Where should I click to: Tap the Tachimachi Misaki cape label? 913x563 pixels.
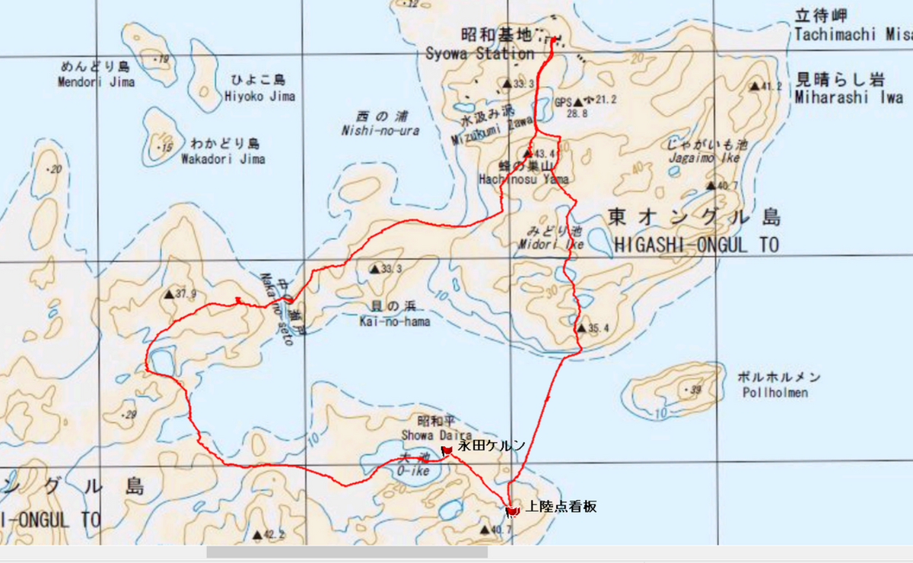(852, 35)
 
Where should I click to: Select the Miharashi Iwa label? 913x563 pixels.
(849, 97)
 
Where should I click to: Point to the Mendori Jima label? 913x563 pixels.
(96, 82)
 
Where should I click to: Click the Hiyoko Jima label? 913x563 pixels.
(259, 96)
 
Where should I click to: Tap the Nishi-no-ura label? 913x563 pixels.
(380, 131)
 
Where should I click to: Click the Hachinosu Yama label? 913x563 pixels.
(523, 179)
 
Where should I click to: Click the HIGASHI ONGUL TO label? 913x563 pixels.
(695, 245)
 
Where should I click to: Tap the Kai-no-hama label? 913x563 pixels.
(395, 321)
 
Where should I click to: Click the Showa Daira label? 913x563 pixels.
(426, 434)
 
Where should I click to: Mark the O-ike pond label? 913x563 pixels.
(414, 471)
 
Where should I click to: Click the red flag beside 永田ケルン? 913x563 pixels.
(447, 451)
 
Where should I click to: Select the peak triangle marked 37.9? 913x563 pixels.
(169, 294)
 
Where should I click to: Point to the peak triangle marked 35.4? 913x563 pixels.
(581, 328)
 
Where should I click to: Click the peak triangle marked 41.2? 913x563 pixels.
(756, 87)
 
